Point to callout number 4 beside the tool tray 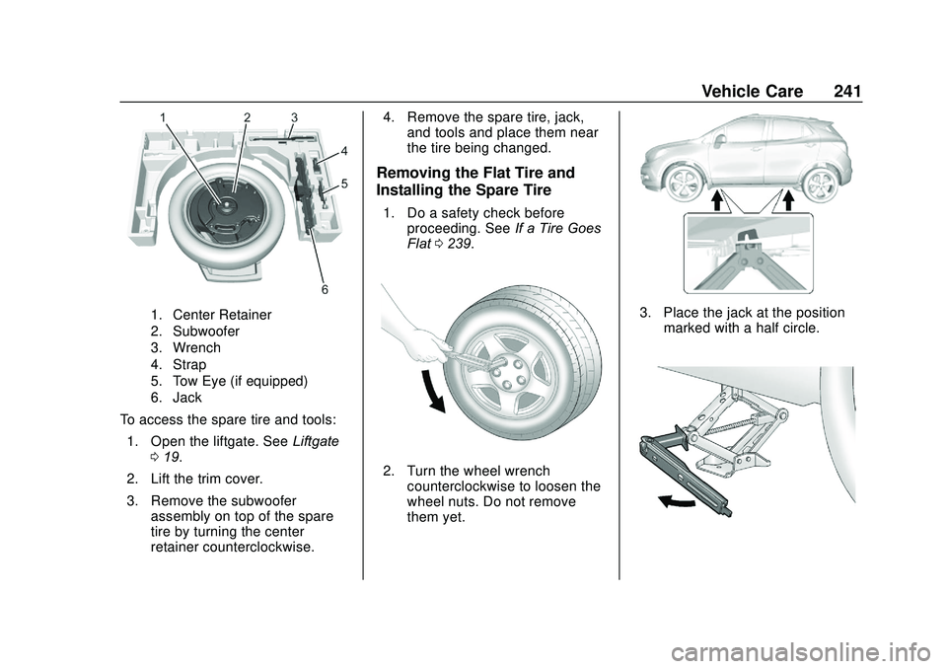(x=344, y=151)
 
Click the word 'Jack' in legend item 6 (x=187, y=398)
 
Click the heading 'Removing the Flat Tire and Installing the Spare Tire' (x=473, y=181)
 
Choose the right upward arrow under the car (x=789, y=202)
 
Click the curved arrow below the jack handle (x=677, y=502)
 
